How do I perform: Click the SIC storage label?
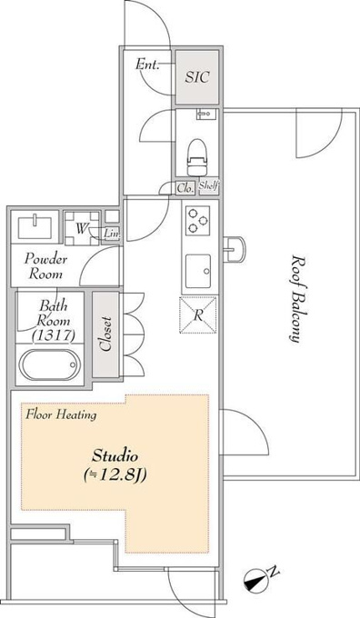196,77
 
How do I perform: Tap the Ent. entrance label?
147,64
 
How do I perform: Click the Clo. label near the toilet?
185,188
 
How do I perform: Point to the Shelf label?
208,186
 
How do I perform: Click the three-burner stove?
197,220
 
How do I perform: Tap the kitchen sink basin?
198,271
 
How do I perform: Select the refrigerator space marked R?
198,315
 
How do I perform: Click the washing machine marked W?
82,228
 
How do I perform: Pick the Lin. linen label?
111,234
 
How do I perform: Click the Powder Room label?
45,266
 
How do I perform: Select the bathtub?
48,364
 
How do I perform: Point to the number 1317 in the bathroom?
54,335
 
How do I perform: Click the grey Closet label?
105,334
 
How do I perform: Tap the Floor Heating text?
61,414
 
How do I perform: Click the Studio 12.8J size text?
115,466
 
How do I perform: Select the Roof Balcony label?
299,299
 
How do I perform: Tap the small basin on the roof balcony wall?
235,249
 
